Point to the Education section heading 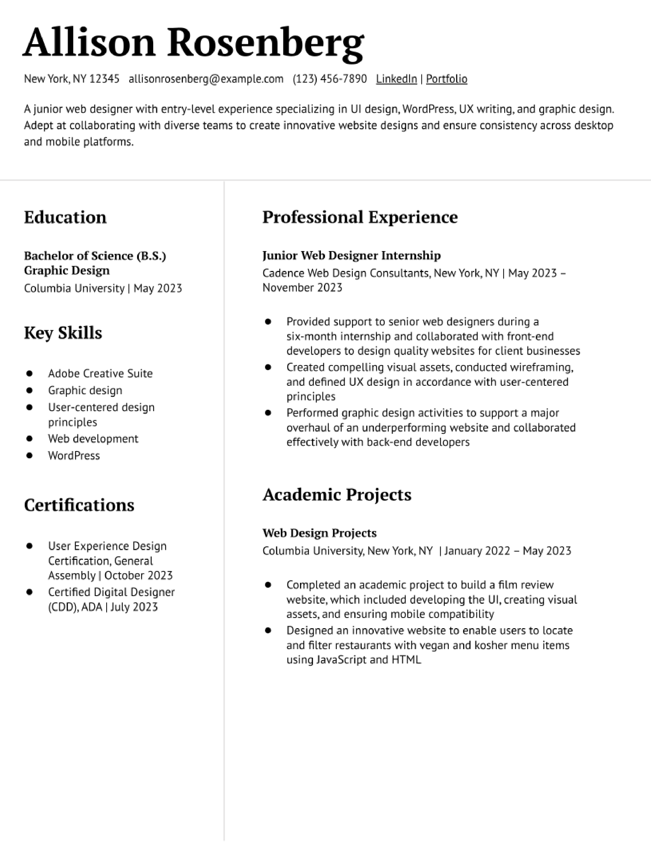click(65, 217)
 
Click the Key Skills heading click(63, 333)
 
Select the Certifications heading click(79, 505)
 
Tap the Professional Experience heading click(360, 217)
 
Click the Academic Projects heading click(337, 495)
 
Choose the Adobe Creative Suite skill click(100, 373)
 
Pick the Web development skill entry click(93, 439)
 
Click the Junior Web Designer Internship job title click(351, 255)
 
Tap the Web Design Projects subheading click(319, 533)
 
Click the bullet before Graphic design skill click(29, 390)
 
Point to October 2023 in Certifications click(138, 575)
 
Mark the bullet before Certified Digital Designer click(29, 592)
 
